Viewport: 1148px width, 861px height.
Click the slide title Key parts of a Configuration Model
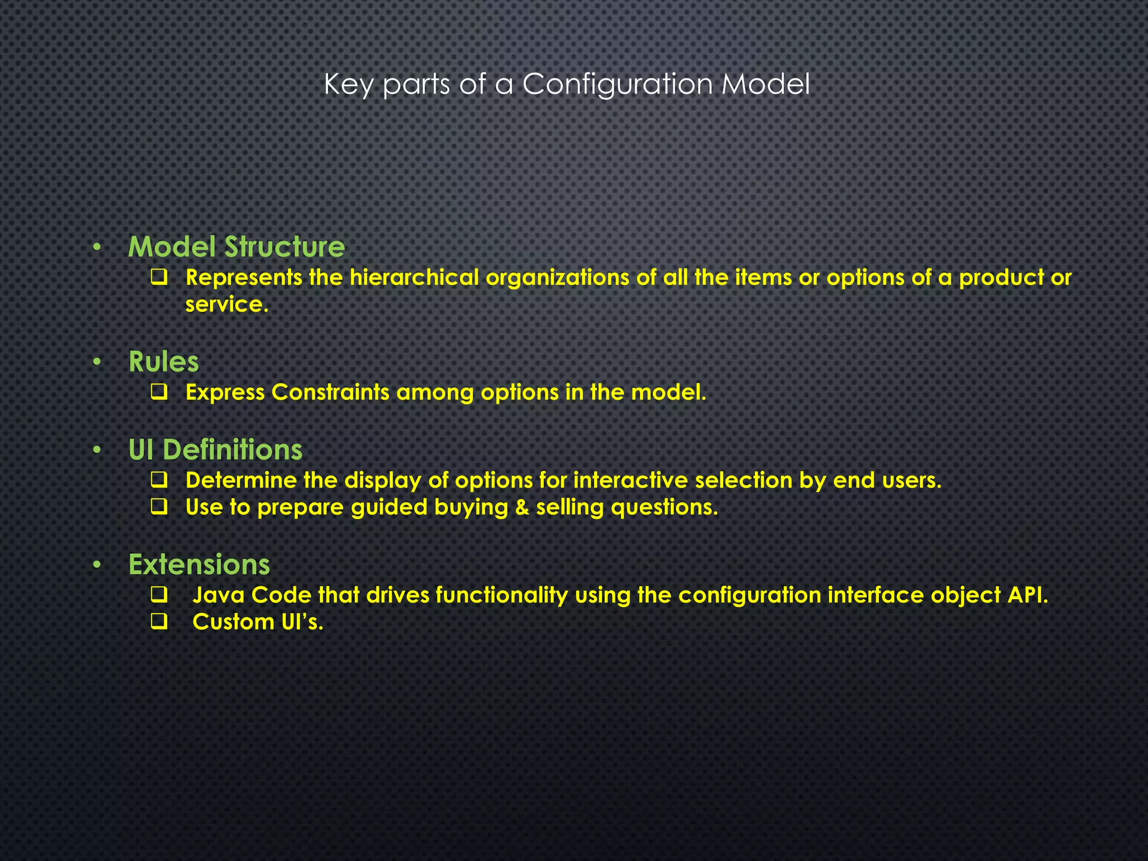[x=567, y=85]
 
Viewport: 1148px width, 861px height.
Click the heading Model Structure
[x=237, y=247]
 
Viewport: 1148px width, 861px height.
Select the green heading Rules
[x=164, y=362]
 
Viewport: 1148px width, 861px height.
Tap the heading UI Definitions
[x=215, y=450]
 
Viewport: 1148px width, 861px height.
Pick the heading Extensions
[x=199, y=564]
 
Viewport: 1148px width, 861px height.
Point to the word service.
[x=226, y=304]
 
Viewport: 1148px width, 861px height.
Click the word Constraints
[x=330, y=392]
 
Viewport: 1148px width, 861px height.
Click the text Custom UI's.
[x=258, y=622]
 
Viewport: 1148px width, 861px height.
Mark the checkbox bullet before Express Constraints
[x=159, y=393]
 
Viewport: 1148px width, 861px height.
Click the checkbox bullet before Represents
[x=159, y=277]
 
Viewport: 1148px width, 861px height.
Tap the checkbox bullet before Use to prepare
[x=159, y=508]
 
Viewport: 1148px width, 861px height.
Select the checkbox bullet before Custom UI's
[x=159, y=622]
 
